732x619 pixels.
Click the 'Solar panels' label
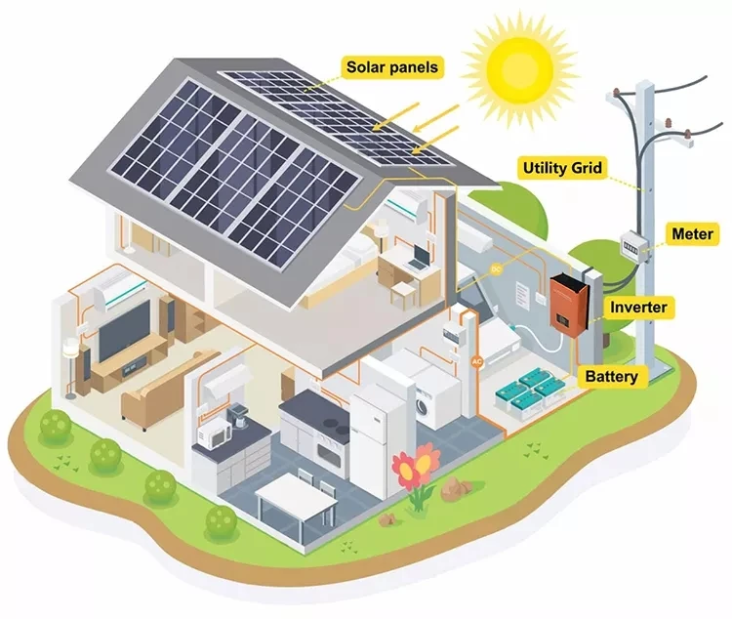pyautogui.click(x=391, y=67)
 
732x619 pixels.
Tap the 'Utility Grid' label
pyautogui.click(x=561, y=168)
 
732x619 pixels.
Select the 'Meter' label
pyautogui.click(x=693, y=234)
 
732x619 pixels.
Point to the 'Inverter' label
pyautogui.click(x=638, y=308)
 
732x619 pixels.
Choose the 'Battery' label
pyautogui.click(x=611, y=376)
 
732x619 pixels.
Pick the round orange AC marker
pyautogui.click(x=477, y=361)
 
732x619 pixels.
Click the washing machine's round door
pyautogui.click(x=427, y=402)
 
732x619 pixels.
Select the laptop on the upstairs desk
pyautogui.click(x=419, y=257)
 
